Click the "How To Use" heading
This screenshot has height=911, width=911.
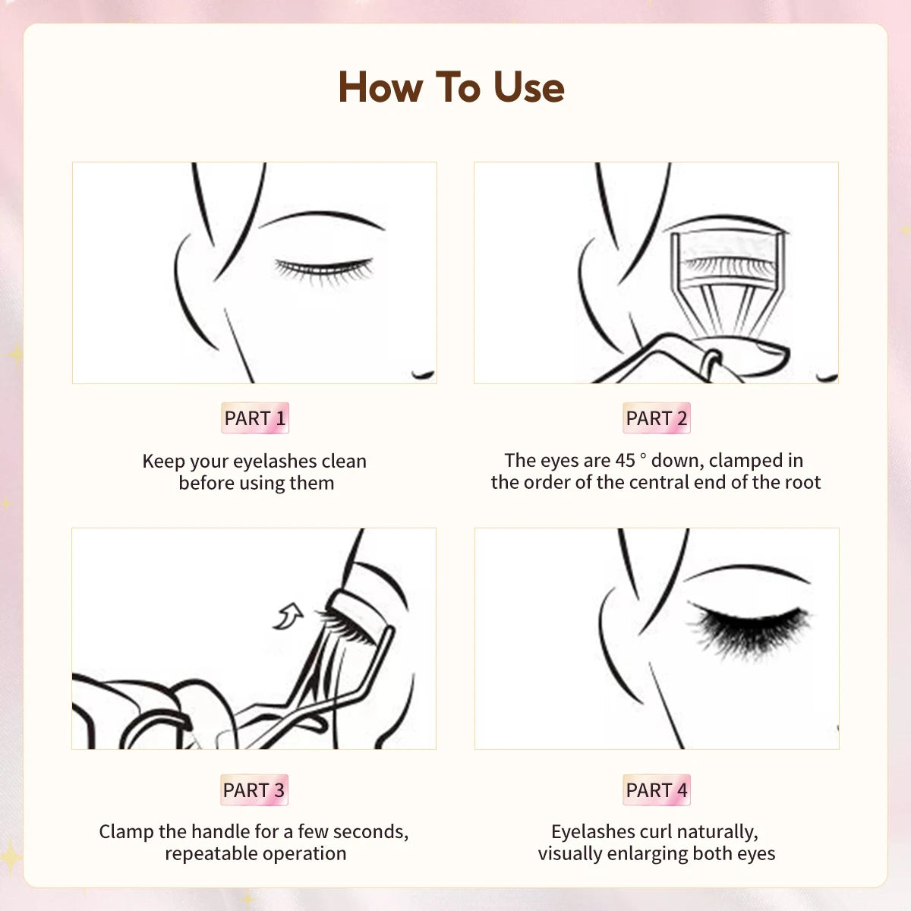tap(451, 87)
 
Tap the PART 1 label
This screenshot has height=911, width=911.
tap(254, 418)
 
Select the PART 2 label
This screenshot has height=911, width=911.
tap(656, 418)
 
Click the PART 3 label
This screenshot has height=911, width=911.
tap(254, 790)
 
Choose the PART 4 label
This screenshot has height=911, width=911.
tap(656, 790)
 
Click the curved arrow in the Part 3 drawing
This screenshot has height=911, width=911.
tap(288, 616)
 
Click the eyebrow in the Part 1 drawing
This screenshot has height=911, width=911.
tap(323, 218)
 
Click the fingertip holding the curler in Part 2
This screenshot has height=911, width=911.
tap(759, 357)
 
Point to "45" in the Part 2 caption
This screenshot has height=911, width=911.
tap(626, 461)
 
